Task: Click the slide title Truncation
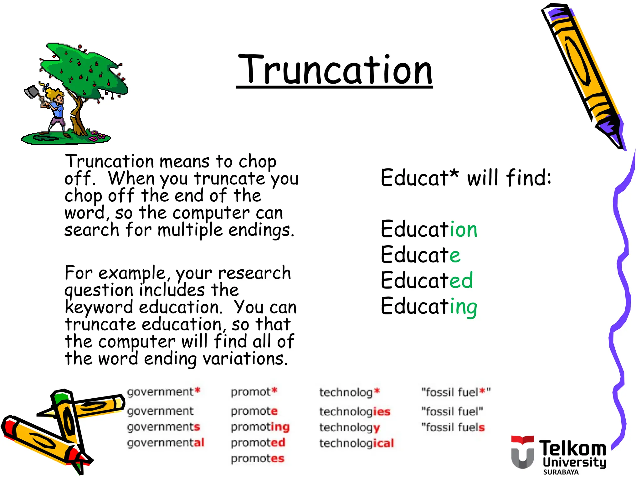[335, 70]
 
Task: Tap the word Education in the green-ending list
[429, 229]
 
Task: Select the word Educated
[427, 280]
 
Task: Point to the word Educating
[429, 306]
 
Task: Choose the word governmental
[166, 443]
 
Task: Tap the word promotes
[257, 459]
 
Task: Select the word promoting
[260, 427]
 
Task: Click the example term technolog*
[349, 392]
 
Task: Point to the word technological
[356, 443]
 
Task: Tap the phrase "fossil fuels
[453, 427]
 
